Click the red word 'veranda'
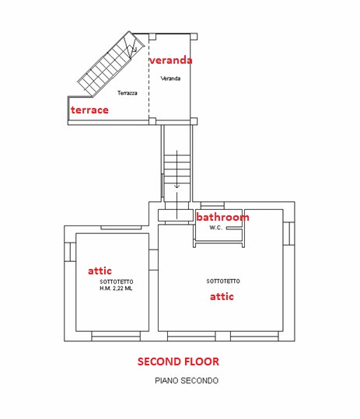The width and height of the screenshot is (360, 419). tap(170, 60)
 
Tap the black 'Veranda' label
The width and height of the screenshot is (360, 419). tap(170, 79)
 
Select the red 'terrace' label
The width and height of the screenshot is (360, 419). tap(89, 110)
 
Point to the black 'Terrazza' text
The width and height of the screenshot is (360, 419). tap(128, 93)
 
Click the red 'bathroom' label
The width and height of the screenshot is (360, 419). tap(222, 217)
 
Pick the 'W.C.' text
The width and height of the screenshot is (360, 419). tap(215, 228)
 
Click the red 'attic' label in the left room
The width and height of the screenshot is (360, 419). tap(100, 271)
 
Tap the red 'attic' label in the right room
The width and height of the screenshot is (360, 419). tap(222, 296)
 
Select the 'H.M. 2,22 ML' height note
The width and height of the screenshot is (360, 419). tap(116, 288)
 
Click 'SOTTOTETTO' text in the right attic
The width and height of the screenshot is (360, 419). tap(223, 281)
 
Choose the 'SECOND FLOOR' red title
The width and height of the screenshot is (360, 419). tap(178, 361)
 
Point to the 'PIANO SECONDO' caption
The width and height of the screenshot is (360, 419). tap(187, 380)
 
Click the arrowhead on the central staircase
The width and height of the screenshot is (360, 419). tap(177, 187)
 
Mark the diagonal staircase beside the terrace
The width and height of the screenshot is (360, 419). tap(110, 65)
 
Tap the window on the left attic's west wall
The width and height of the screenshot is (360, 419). tap(70, 252)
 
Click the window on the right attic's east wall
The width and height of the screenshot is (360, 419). tap(289, 233)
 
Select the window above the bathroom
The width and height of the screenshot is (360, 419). tap(212, 205)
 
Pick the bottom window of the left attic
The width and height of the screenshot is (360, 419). tap(116, 336)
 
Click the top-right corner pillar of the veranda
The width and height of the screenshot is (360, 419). tap(194, 37)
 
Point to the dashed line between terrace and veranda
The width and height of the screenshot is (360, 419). tap(149, 78)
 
